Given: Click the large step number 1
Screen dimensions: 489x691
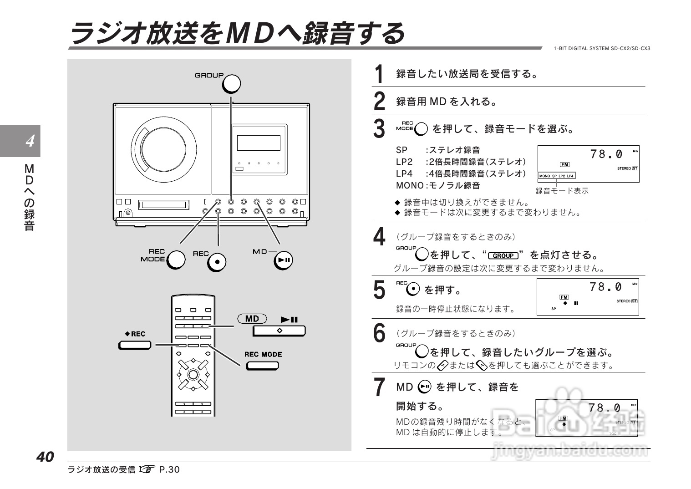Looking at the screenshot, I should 379,74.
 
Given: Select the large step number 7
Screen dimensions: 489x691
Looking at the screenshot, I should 379,387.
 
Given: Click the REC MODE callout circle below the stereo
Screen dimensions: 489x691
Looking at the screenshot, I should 176,260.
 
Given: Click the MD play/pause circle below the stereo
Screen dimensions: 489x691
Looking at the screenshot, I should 283,260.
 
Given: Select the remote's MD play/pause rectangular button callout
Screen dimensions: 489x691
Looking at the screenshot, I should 279,331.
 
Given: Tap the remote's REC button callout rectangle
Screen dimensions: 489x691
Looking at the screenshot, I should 135,345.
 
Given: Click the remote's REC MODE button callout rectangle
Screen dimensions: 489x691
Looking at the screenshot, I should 262,366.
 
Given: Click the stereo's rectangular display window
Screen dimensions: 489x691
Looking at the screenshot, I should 259,143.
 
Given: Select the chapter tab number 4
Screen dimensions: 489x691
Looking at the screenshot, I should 30,141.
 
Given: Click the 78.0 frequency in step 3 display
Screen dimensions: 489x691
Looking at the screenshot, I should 606,154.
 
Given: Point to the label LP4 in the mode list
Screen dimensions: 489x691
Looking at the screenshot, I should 404,173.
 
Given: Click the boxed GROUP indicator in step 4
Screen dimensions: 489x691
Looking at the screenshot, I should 503,256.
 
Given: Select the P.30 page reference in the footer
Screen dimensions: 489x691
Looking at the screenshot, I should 169,469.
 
